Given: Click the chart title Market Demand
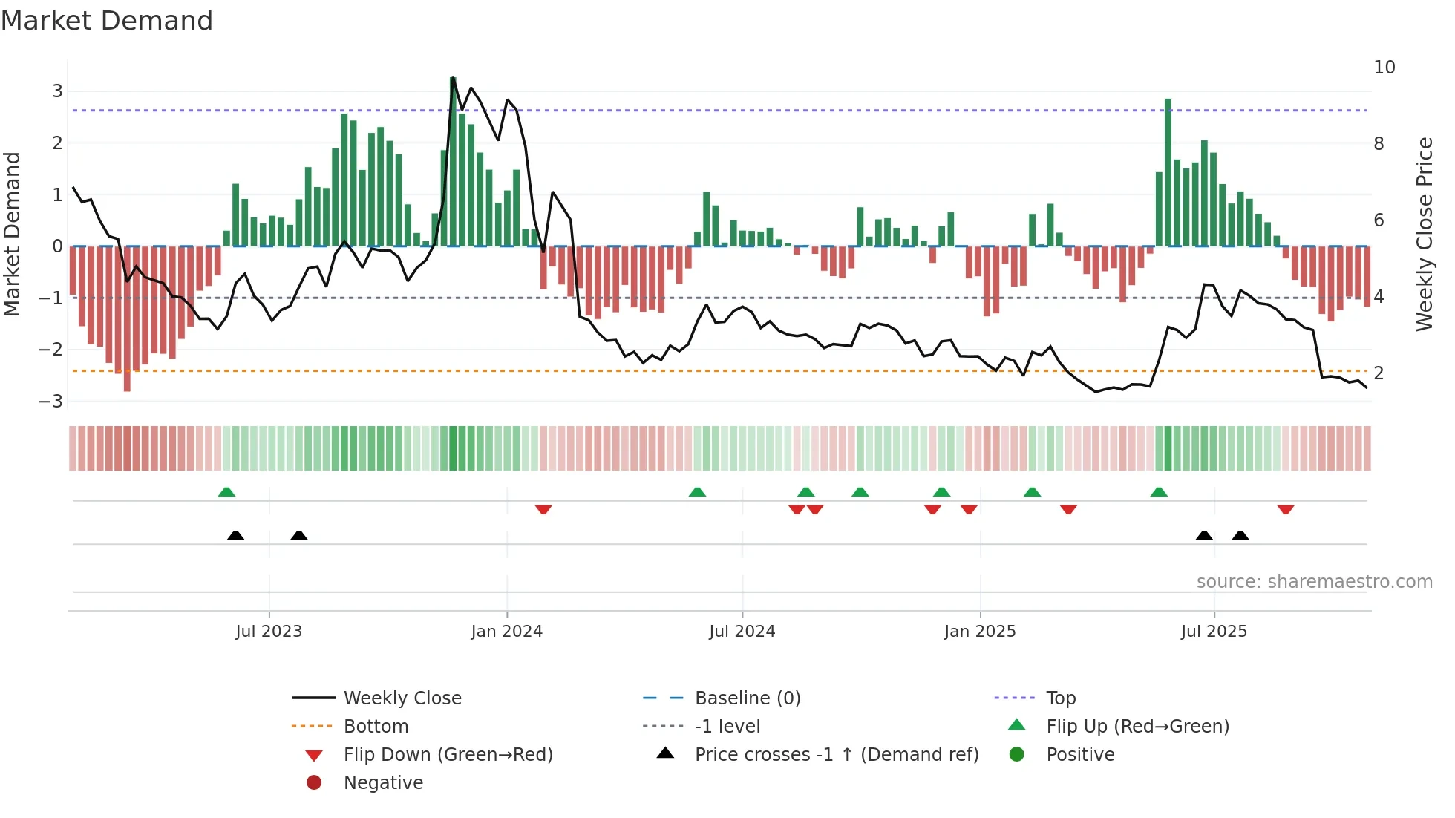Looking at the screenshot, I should tap(107, 21).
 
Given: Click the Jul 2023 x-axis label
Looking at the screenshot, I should tap(269, 632).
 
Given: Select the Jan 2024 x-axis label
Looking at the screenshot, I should tap(507, 632).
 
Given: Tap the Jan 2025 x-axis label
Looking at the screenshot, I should tap(980, 632).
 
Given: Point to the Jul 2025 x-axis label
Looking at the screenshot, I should tap(1214, 632).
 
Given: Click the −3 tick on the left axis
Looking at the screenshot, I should tap(50, 402).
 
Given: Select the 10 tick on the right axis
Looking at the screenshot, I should tap(1384, 68).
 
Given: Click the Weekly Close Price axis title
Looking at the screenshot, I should tap(1424, 234).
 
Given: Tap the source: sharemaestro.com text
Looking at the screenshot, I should tap(1314, 582).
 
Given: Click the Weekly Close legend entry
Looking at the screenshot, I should tap(402, 698).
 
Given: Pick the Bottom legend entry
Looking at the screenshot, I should tap(376, 727).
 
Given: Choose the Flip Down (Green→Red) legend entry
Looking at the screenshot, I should tap(448, 755).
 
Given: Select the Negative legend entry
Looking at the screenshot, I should tap(383, 783).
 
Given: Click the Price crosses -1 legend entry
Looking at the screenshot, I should tap(836, 755).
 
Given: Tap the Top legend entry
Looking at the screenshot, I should tap(1061, 698).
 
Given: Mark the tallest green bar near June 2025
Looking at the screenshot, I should tap(1168, 171).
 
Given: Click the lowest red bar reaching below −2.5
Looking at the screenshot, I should tap(127, 319).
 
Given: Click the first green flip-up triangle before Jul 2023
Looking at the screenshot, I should tap(226, 492).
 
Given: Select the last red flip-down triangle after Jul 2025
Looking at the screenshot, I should tap(1286, 509).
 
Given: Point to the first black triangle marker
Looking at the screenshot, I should tap(235, 535).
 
